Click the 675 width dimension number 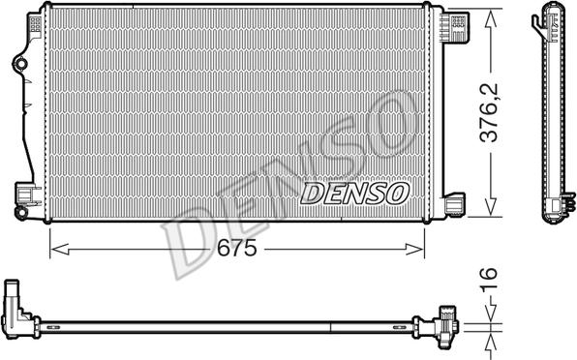click(x=235, y=249)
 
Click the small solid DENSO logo click(x=354, y=194)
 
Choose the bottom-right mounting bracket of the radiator click(x=453, y=204)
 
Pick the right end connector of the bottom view click(x=447, y=324)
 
